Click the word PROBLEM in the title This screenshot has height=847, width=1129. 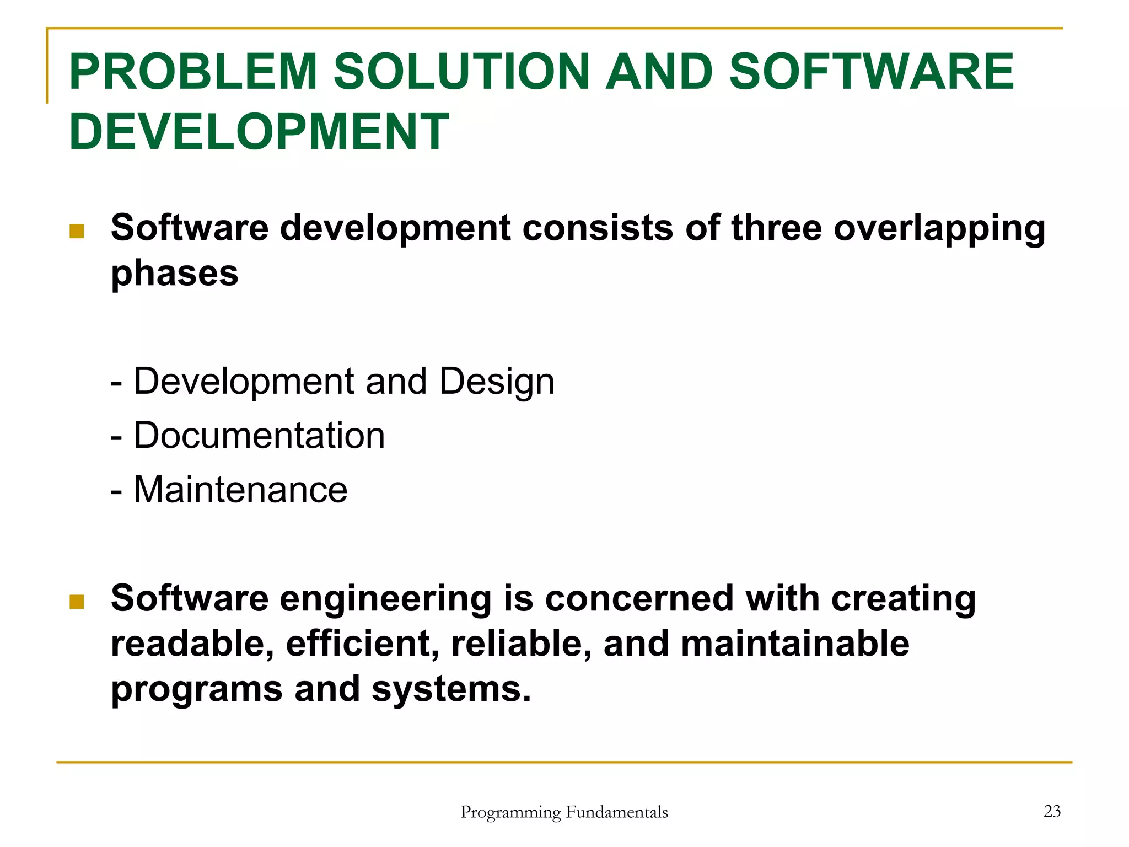[193, 72]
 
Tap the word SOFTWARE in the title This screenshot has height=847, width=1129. [871, 72]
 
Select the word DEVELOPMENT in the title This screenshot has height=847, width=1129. [259, 132]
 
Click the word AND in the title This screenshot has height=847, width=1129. [659, 72]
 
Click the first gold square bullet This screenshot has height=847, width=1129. [77, 231]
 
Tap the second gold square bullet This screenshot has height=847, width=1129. [77, 602]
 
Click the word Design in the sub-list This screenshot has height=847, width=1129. [497, 382]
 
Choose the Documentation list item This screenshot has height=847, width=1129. [259, 436]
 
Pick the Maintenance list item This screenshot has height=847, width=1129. [240, 490]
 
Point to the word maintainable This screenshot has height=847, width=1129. [795, 644]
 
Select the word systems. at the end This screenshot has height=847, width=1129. [451, 689]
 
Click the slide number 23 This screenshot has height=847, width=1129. [1052, 811]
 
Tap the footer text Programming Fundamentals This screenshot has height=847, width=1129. [564, 812]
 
